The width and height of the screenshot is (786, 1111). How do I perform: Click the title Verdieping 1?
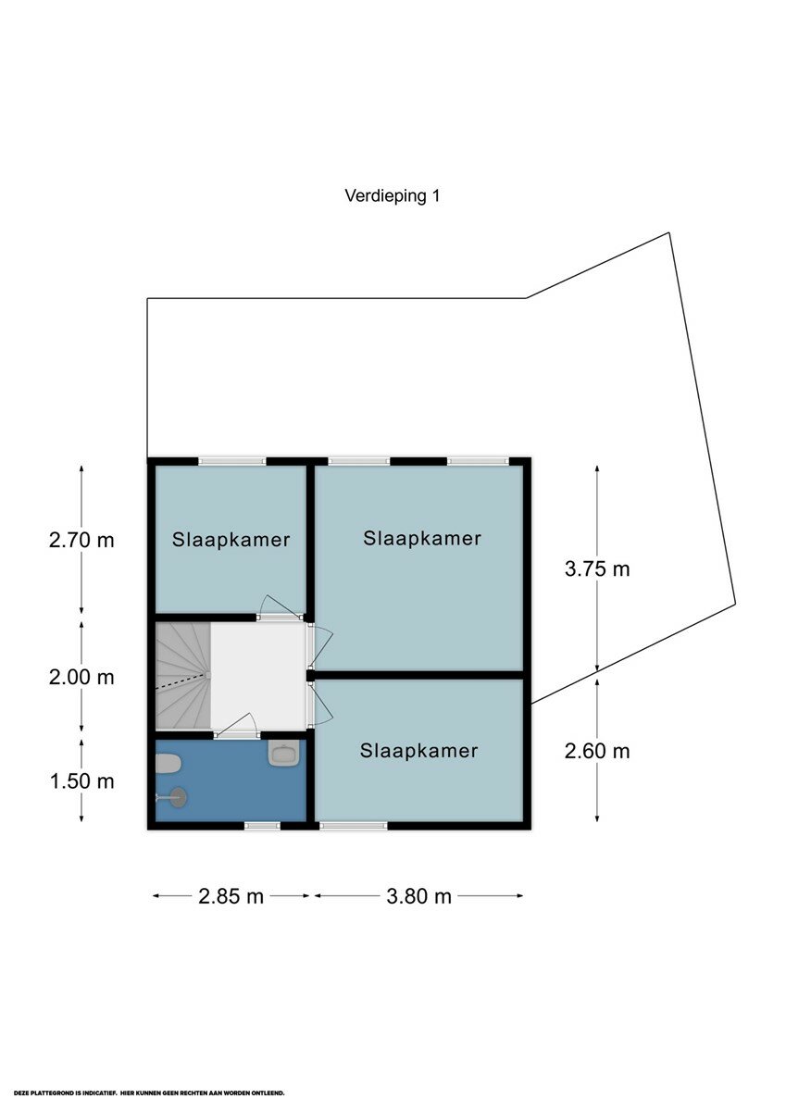click(393, 196)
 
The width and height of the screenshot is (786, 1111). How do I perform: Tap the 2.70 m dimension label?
click(81, 540)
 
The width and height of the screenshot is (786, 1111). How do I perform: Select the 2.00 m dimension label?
click(81, 678)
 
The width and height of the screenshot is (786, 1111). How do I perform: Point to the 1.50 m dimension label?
click(81, 781)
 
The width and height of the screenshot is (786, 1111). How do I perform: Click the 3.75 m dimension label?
click(597, 568)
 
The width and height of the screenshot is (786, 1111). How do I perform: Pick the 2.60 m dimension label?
click(597, 752)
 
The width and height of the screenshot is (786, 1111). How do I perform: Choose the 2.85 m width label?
click(231, 896)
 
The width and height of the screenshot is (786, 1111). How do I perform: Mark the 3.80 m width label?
click(419, 896)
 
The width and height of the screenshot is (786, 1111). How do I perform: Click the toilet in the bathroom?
click(168, 763)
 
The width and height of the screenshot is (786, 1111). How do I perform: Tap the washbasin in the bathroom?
click(284, 754)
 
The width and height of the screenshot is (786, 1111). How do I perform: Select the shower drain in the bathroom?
click(179, 798)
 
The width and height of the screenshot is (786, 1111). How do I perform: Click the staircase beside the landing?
click(183, 676)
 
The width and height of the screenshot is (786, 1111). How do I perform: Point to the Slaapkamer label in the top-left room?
click(231, 540)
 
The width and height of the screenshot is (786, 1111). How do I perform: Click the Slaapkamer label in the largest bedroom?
click(422, 539)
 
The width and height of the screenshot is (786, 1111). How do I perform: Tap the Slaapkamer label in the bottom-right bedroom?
click(419, 751)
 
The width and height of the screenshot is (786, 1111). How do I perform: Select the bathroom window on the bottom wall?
click(262, 825)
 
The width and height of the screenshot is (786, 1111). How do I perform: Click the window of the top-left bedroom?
click(232, 461)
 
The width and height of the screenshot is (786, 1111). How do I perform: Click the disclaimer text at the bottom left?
click(149, 1092)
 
